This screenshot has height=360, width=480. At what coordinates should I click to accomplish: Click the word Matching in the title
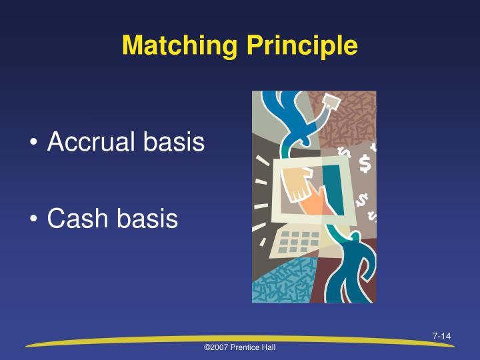tap(177, 45)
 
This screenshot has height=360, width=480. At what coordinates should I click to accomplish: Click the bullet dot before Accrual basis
tap(34, 143)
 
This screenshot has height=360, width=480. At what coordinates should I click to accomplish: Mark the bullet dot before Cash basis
tap(34, 220)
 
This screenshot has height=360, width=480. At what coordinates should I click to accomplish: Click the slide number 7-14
tap(441, 335)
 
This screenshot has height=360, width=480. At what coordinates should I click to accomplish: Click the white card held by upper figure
tap(331, 102)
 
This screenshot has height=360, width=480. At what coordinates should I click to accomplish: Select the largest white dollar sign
tap(364, 163)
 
